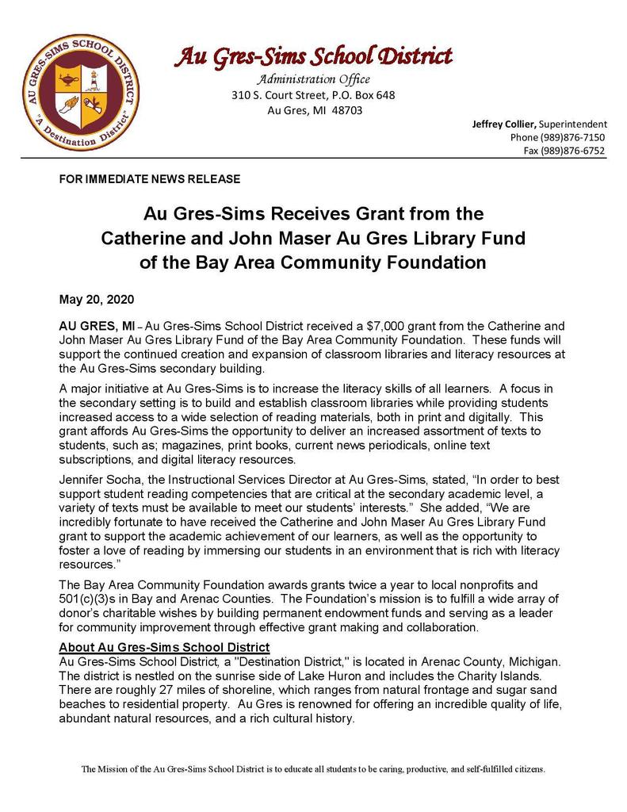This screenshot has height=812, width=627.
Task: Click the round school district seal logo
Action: tap(78, 93)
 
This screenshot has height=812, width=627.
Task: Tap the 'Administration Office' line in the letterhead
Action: tap(312, 79)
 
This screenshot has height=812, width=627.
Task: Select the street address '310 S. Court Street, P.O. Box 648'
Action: tap(312, 95)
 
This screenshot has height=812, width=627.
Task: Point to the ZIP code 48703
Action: tap(346, 110)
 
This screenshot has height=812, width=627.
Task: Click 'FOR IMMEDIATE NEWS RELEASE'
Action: tap(150, 180)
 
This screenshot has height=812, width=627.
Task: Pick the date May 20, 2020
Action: tap(97, 300)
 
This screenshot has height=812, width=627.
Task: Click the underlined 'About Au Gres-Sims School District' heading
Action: tap(164, 647)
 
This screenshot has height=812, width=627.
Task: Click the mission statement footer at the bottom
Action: tap(313, 769)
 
